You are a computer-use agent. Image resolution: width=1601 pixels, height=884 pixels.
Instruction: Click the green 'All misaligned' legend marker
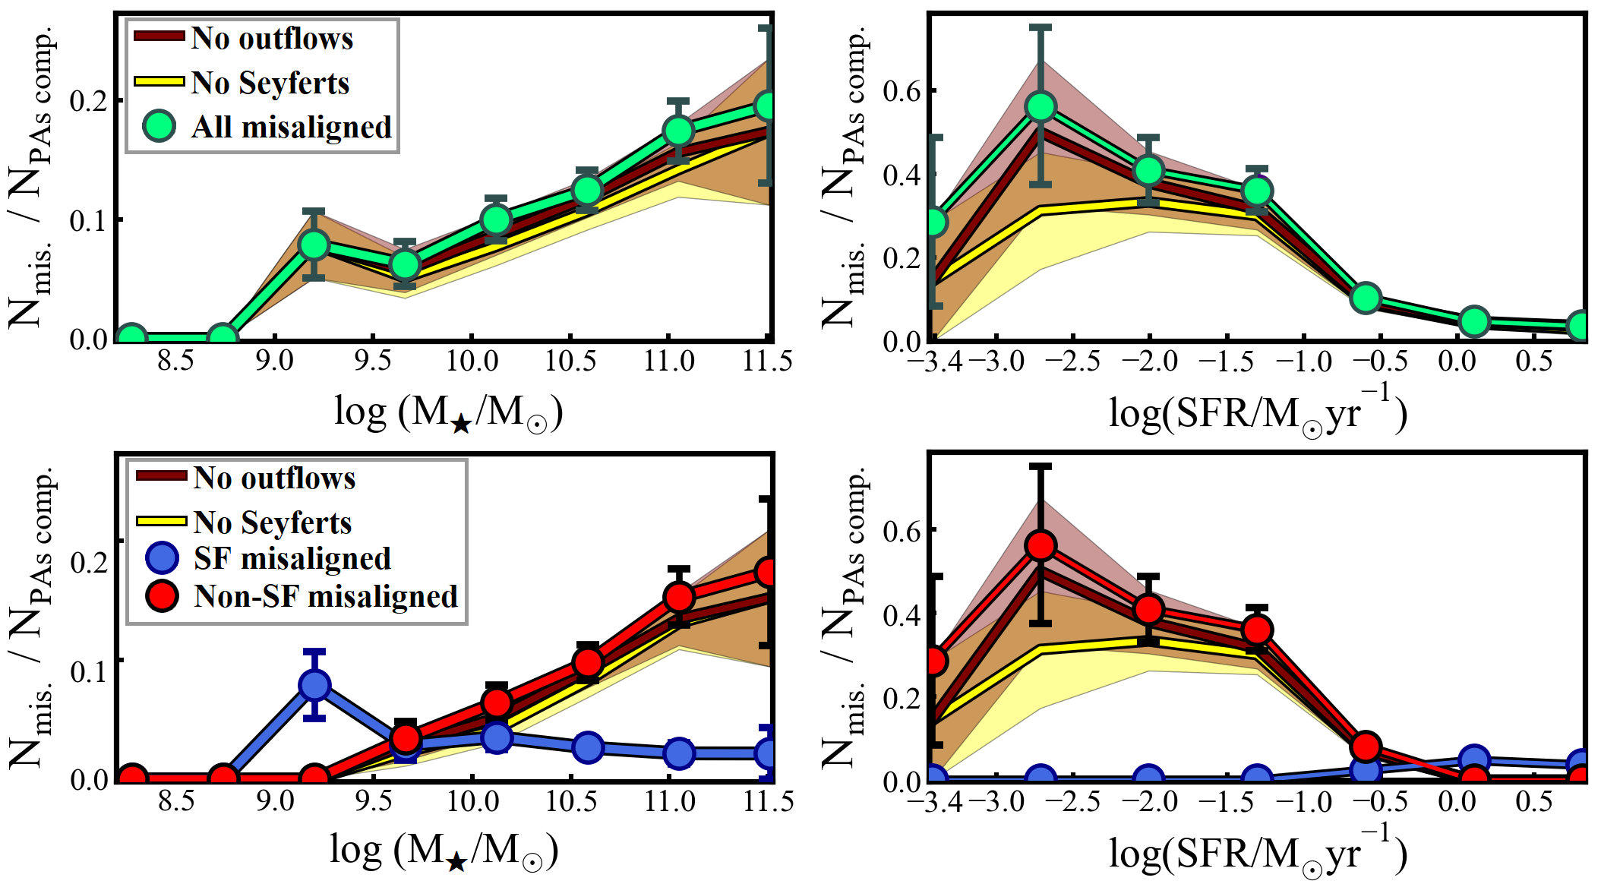[x=159, y=126]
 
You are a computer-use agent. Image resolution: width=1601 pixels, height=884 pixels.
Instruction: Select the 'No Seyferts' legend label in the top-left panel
[x=270, y=82]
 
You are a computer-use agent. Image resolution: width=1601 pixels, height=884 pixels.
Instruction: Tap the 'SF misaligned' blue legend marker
[x=162, y=557]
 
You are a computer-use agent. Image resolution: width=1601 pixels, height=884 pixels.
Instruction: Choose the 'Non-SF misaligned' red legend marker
[x=162, y=595]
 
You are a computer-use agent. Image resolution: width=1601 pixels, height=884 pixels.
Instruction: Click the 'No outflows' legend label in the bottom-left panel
[x=274, y=478]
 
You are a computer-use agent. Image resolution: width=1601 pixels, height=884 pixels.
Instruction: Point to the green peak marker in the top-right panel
[x=1040, y=106]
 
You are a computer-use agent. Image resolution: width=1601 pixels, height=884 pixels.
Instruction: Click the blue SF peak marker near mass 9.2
[x=314, y=685]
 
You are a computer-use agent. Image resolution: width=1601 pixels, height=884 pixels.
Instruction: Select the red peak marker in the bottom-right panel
[x=1040, y=545]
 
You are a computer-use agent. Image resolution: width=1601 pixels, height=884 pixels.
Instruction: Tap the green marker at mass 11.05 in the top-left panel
[x=678, y=131]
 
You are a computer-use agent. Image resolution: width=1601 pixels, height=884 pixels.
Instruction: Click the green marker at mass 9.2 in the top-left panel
[x=314, y=245]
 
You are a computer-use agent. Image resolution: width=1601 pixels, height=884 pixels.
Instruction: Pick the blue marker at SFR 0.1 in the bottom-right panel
[x=1474, y=759]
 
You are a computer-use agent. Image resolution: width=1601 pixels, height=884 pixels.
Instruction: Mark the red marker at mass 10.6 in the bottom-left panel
[x=588, y=662]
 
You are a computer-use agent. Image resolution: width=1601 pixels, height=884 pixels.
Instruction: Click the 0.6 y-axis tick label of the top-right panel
[x=902, y=91]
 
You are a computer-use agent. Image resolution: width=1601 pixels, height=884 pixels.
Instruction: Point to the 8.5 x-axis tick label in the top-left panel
[x=175, y=360]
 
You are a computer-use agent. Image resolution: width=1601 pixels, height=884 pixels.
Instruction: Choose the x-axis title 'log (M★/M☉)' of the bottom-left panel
[x=444, y=851]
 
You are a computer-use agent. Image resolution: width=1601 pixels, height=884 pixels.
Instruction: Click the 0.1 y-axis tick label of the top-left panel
[x=88, y=221]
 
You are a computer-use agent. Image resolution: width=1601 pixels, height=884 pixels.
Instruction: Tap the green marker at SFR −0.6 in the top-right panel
[x=1366, y=298]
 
